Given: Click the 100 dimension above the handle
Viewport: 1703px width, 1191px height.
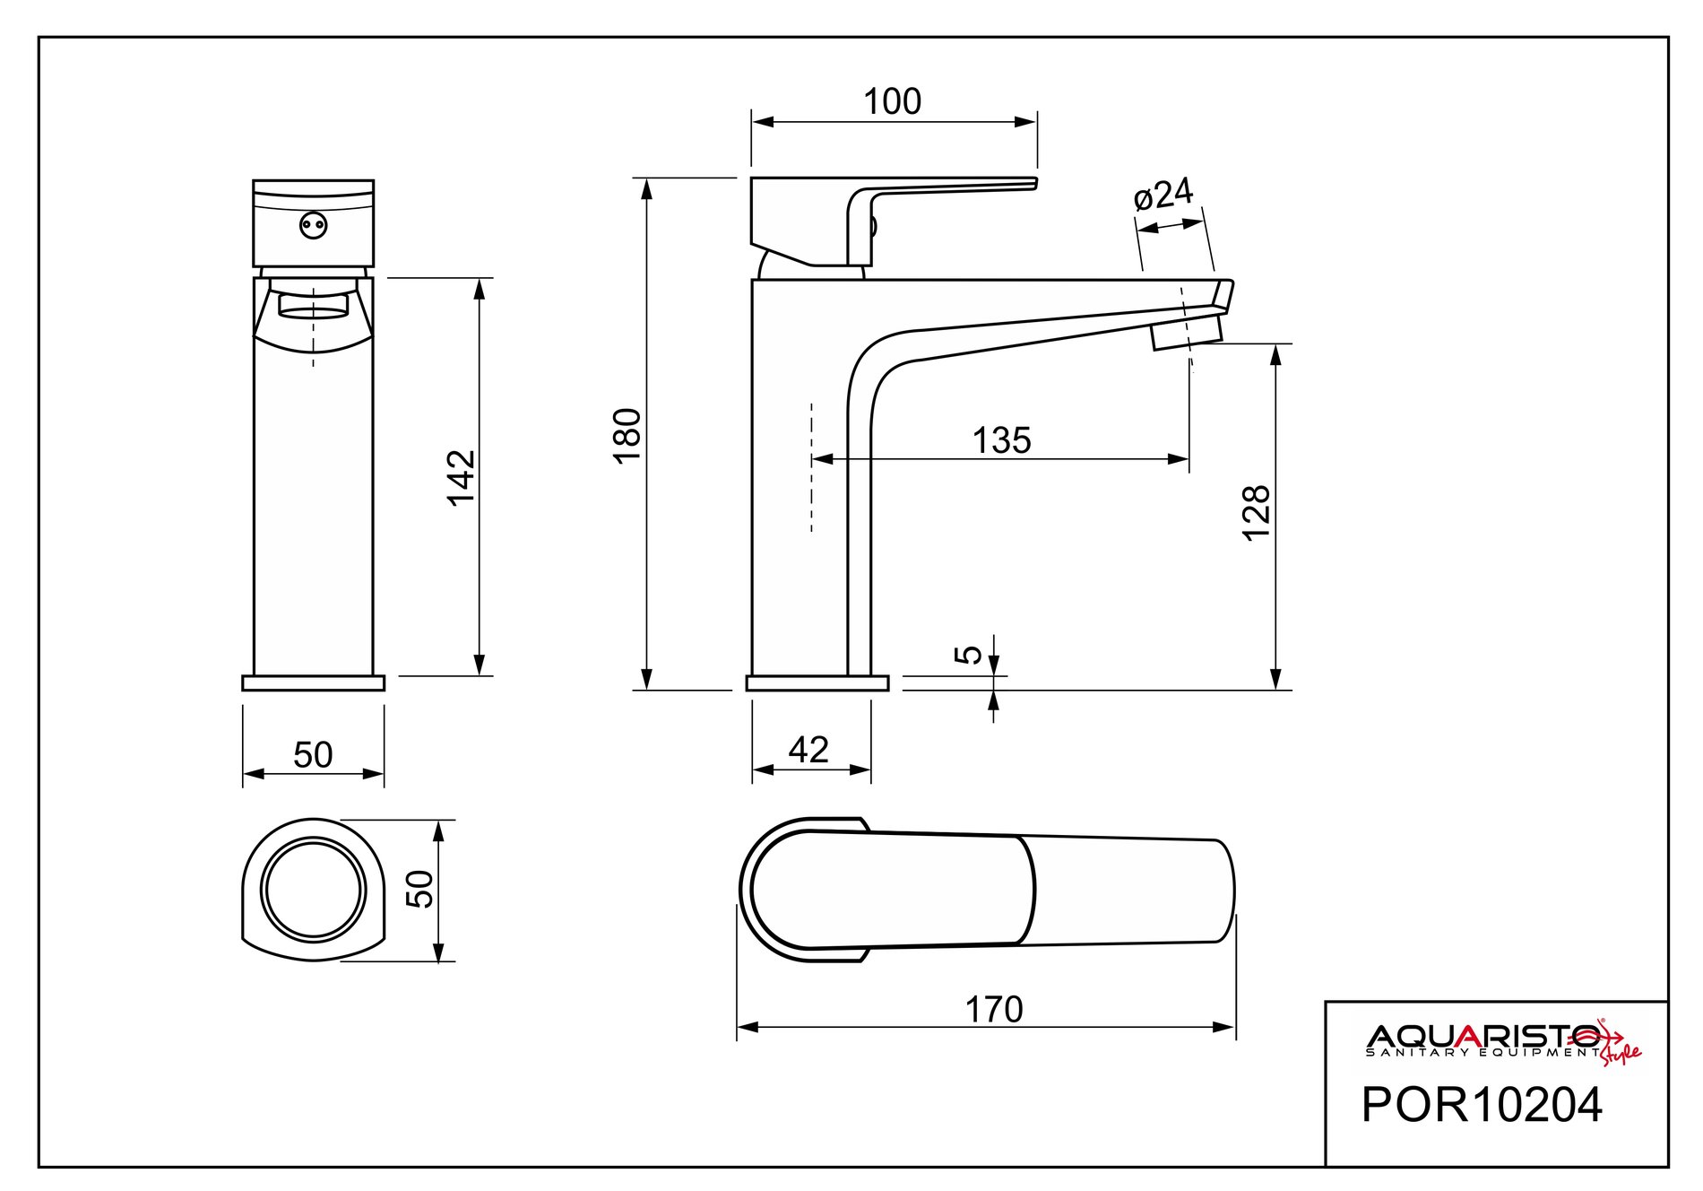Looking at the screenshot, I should (x=892, y=102).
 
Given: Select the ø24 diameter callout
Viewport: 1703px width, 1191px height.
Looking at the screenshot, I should (x=1163, y=195).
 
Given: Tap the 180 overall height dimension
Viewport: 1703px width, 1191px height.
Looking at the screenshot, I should (x=629, y=435).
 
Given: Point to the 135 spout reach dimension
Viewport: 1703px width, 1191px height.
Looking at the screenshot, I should (x=1001, y=440).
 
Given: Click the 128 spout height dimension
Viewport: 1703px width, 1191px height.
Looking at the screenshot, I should (x=1257, y=512).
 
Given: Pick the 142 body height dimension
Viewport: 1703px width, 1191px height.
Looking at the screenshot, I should (x=462, y=477).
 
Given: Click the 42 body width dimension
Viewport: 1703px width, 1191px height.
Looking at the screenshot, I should (x=808, y=750).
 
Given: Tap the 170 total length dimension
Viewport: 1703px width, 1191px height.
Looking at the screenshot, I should (x=994, y=1010).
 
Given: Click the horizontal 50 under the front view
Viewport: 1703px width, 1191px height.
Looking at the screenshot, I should (x=313, y=755).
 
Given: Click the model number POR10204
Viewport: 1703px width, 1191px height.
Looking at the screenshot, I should (x=1481, y=1105).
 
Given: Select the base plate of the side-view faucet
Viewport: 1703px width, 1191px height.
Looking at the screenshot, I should (x=817, y=682).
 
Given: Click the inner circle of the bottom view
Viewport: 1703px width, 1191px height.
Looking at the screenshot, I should (x=313, y=891).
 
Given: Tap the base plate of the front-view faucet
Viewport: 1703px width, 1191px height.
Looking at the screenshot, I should (x=313, y=682).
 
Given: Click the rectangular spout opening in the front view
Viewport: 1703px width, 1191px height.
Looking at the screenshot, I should (x=313, y=305).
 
